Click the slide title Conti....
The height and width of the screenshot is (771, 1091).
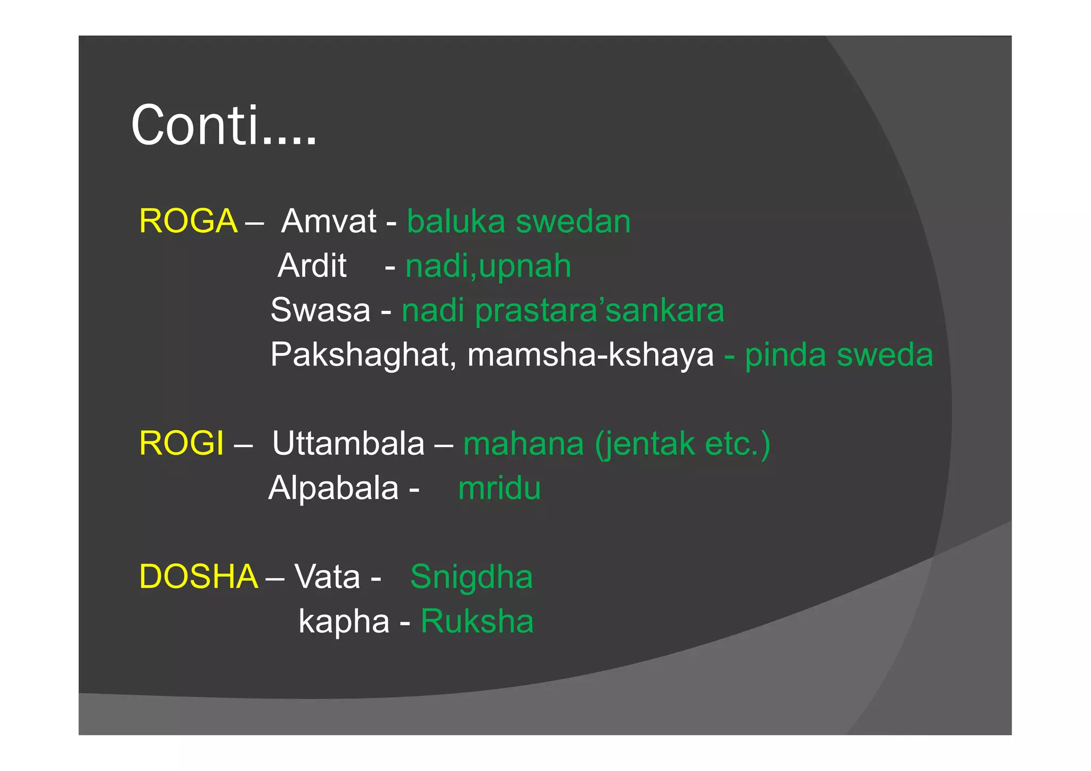tap(224, 126)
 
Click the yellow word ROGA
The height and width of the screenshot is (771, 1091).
tap(188, 221)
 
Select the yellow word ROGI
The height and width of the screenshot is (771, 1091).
tap(181, 444)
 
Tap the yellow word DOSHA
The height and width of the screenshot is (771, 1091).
tap(198, 577)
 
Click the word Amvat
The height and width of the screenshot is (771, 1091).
tap(329, 221)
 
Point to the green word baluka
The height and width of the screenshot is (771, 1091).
tap(456, 221)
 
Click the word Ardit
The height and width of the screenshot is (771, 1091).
tap(312, 265)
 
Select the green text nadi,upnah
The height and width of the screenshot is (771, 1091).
tap(488, 266)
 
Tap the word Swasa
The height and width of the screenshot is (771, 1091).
tap(320, 310)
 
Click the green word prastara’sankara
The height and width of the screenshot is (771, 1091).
tap(599, 310)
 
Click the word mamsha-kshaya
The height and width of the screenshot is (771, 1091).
tap(590, 355)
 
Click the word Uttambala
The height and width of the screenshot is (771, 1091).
tap(348, 444)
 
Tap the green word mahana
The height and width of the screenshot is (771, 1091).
tap(524, 444)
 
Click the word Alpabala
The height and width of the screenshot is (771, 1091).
tap(333, 488)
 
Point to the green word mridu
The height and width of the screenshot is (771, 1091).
tap(499, 488)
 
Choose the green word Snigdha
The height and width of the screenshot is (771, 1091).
tap(471, 577)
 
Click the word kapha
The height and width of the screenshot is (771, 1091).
tap(344, 621)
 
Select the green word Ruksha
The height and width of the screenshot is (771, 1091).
tap(477, 621)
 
